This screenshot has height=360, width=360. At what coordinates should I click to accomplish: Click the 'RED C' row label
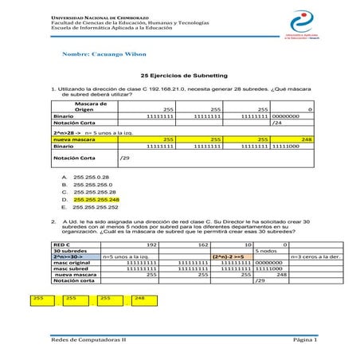point(61,245)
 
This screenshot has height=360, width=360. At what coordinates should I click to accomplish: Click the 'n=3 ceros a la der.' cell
point(315,257)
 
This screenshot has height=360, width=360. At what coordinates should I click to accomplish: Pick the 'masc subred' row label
point(68,269)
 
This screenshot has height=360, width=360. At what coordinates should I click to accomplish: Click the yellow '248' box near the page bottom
point(139,298)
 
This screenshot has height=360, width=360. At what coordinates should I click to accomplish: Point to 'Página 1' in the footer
point(304,340)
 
